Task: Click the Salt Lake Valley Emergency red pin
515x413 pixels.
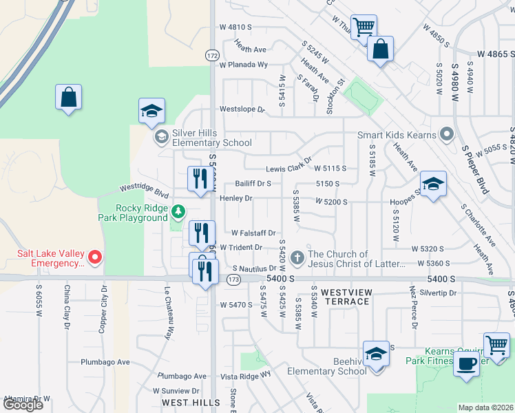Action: (x=96, y=258)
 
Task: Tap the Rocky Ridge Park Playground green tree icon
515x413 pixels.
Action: (x=178, y=210)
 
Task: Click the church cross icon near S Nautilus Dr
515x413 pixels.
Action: (x=297, y=258)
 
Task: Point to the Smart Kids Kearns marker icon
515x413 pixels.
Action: (x=447, y=135)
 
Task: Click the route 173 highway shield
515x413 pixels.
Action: (x=233, y=279)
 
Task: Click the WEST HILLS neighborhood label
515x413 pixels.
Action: (x=191, y=402)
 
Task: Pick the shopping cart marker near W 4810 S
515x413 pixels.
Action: (x=363, y=27)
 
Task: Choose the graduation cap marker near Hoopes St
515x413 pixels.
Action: (x=432, y=184)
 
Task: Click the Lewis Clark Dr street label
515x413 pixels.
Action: (x=288, y=169)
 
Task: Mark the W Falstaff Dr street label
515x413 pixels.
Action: (x=253, y=233)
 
